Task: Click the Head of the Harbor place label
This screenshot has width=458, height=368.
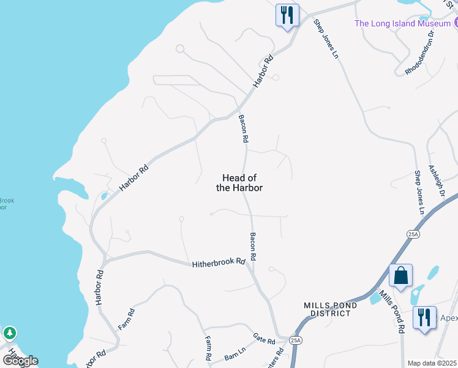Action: pyautogui.click(x=239, y=183)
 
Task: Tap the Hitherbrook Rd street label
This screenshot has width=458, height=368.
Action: pyautogui.click(x=219, y=263)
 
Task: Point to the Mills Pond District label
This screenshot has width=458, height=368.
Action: pyautogui.click(x=328, y=309)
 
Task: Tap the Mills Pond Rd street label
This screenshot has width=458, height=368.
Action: pyautogui.click(x=391, y=312)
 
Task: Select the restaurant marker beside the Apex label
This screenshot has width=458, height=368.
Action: pyautogui.click(x=424, y=317)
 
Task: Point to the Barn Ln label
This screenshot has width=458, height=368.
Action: pyautogui.click(x=235, y=355)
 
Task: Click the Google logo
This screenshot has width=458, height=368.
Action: pyautogui.click(x=20, y=360)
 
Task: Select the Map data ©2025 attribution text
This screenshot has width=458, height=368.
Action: pyautogui.click(x=432, y=363)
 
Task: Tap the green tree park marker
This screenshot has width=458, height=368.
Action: pyautogui.click(x=9, y=334)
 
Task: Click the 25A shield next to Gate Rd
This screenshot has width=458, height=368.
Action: pyautogui.click(x=296, y=340)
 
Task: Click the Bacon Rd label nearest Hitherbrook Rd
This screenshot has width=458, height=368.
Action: pyautogui.click(x=252, y=247)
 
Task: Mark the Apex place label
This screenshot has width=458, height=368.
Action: pyautogui.click(x=449, y=318)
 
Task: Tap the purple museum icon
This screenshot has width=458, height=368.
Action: pyautogui.click(x=455, y=24)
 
